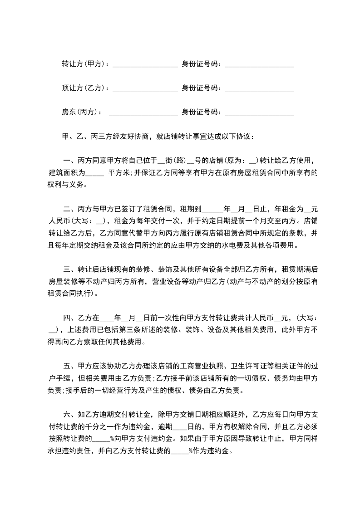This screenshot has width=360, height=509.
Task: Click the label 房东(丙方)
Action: coord(81,112)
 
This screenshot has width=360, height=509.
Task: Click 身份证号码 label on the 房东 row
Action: coord(201,112)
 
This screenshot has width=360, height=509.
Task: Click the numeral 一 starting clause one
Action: coord(66,161)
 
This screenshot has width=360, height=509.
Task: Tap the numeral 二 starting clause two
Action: coord(66,209)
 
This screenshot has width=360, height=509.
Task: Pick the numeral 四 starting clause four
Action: coord(66,318)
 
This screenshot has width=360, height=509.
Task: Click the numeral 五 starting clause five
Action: coord(66,366)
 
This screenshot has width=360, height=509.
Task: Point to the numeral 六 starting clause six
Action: coord(66,414)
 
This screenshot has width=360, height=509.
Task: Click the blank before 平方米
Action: coord(94,174)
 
